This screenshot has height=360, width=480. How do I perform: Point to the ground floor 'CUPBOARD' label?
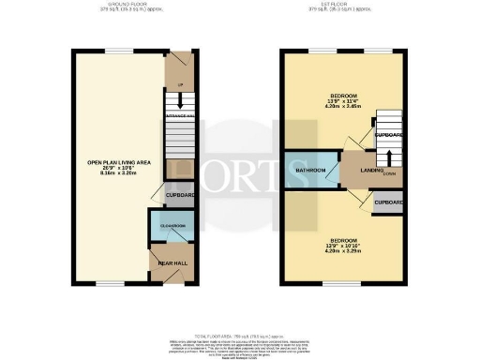click(x=180, y=195)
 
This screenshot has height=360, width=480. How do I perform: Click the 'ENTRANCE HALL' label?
click(x=178, y=115)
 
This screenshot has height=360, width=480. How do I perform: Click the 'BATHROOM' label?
click(x=309, y=170)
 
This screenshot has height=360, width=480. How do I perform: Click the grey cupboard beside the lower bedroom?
click(x=388, y=202)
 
